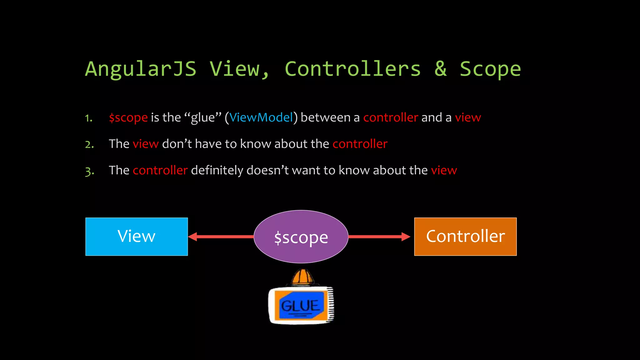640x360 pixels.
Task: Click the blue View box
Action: pos(137,237)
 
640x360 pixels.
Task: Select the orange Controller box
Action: pos(465,237)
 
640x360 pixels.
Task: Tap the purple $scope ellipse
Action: pos(301,237)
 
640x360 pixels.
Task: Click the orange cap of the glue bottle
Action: pos(302,277)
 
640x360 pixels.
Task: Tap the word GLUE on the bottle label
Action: pos(300,306)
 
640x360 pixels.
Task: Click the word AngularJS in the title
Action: pos(141,69)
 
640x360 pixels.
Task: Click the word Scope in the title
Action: pos(490,69)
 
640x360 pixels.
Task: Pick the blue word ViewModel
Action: pos(261,117)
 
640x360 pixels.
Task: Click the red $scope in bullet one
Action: pos(128,118)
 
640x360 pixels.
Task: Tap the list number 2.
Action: pos(89,144)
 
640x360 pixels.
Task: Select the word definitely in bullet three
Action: pos(217,170)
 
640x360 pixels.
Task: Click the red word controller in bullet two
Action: pos(360,144)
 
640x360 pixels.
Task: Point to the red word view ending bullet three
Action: pos(444,171)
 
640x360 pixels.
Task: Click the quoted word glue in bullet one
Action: pos(203,118)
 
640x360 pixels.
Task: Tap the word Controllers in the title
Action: pos(352,69)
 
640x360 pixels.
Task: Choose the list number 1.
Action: pos(89,118)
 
